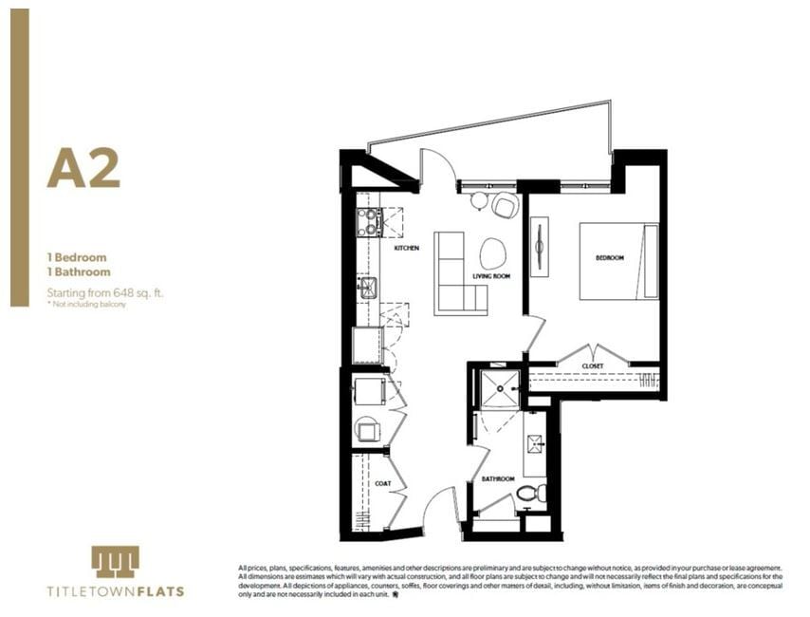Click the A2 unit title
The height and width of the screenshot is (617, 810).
[83, 168]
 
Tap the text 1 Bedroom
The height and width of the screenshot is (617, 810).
[77, 257]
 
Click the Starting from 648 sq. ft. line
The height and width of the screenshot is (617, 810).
[105, 293]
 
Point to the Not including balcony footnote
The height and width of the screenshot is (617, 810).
[87, 304]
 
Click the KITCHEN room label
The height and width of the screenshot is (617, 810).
[406, 249]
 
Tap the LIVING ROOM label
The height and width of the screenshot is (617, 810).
[492, 276]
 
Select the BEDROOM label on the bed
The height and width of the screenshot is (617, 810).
[609, 258]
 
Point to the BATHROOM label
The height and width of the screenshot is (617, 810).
[497, 479]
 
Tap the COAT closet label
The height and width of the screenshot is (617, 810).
[382, 483]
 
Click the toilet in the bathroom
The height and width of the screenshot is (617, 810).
[530, 493]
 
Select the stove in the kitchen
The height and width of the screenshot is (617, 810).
[369, 222]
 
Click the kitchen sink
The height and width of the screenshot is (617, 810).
[368, 287]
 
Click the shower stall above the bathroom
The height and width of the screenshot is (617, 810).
[500, 389]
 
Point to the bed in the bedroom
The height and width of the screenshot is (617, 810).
[618, 261]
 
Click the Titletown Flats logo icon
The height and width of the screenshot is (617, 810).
[116, 561]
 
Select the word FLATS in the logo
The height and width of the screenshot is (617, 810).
[157, 591]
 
